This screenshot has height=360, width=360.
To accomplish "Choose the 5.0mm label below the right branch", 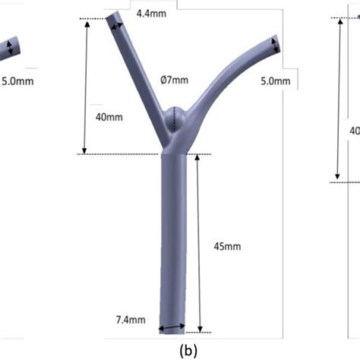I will pos(275,81).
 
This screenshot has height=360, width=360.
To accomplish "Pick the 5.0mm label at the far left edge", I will pos(17,80).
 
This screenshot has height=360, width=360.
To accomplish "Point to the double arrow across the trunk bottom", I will pos(171,330).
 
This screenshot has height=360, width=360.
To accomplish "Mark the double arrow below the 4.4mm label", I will pos(118,27).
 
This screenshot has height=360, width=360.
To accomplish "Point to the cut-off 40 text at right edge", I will pos(354,131).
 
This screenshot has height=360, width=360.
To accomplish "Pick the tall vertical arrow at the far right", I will pos(339,99).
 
